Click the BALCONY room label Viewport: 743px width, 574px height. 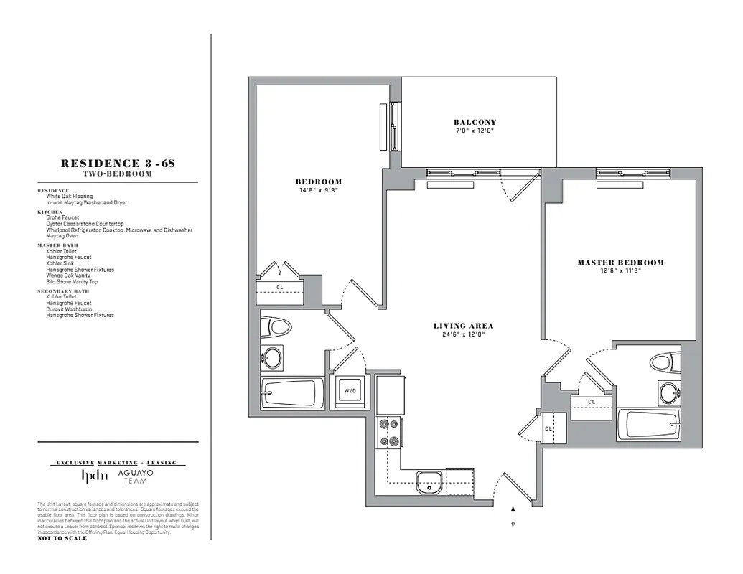point(475,122)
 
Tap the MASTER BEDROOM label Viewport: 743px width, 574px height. point(620,263)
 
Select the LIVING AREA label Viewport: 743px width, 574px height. point(463,326)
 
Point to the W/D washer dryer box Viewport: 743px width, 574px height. point(350,391)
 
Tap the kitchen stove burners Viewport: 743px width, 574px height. point(388,432)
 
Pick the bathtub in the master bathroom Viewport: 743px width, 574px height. point(648,424)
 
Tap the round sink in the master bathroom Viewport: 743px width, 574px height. point(668,392)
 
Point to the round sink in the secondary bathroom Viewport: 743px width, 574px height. point(271,357)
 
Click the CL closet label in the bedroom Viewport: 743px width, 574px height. point(280,288)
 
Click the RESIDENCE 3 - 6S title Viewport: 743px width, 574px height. point(118,164)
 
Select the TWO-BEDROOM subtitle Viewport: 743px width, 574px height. point(118,174)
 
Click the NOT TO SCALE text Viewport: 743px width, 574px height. point(62,538)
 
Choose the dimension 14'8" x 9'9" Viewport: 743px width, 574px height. point(319,190)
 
